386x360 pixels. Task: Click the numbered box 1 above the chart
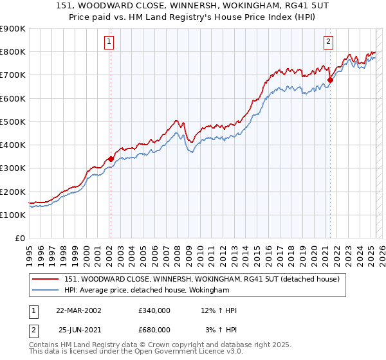point(109,42)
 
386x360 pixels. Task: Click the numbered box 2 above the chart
point(328,42)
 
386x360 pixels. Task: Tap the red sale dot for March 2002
point(111,158)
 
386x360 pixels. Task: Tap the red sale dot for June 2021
point(330,80)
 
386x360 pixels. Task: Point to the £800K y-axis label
point(13,52)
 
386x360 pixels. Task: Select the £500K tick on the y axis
point(13,122)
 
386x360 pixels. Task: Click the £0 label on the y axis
point(19,239)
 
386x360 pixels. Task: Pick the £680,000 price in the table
point(154,329)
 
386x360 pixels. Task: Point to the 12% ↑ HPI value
point(219,311)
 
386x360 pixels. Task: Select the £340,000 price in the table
point(154,311)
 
